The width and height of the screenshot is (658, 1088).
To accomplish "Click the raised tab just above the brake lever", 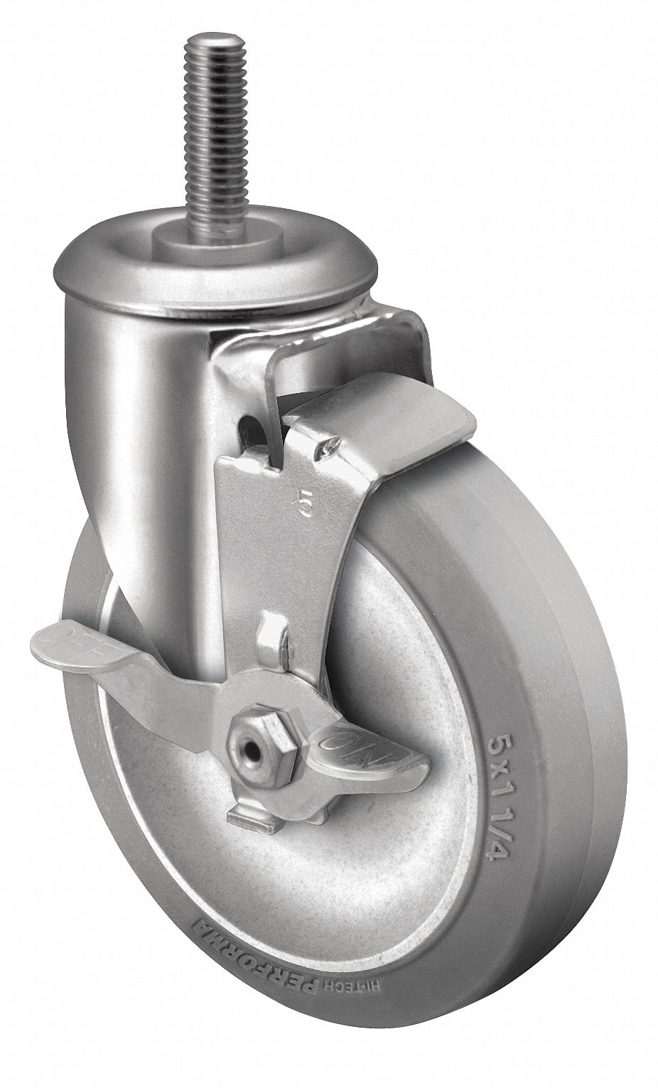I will (x=273, y=632).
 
